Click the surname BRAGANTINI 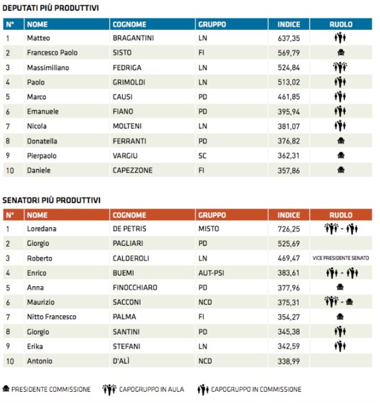pos(133,38)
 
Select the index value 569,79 pos(289,53)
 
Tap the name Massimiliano pos(48,68)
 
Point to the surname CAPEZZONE pos(132,170)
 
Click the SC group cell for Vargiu pos(202,156)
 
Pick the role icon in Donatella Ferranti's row pos(341,141)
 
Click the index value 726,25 pos(289,229)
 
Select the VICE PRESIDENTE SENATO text pos(341,258)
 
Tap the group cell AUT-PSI pos(211,273)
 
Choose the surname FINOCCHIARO pos(135,288)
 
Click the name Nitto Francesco pos(52,317)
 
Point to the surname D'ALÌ pos(121,361)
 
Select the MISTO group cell pos(209,229)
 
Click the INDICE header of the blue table pos(289,24)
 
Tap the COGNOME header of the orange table pos(129,215)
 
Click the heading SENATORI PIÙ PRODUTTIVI pos(52,200)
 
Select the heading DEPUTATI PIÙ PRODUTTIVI pos(51,8)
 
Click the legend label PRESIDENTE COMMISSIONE pos(51,389)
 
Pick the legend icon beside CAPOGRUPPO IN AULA pos(109,390)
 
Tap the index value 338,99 pos(289,361)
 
